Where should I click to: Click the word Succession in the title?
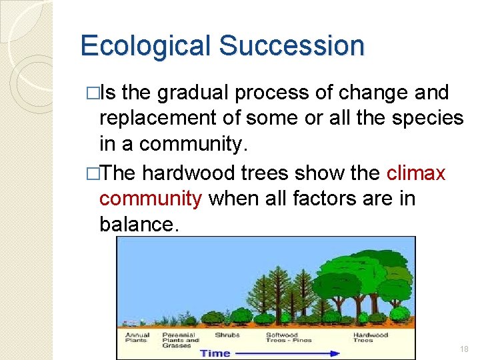(291, 47)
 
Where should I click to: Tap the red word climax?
(416, 173)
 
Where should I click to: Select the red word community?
(151, 198)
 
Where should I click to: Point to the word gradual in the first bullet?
(197, 93)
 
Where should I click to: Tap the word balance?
(139, 224)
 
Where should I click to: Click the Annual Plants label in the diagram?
(137, 337)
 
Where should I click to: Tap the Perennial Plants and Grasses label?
(178, 340)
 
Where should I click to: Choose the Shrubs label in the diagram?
(227, 335)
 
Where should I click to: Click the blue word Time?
(215, 353)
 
